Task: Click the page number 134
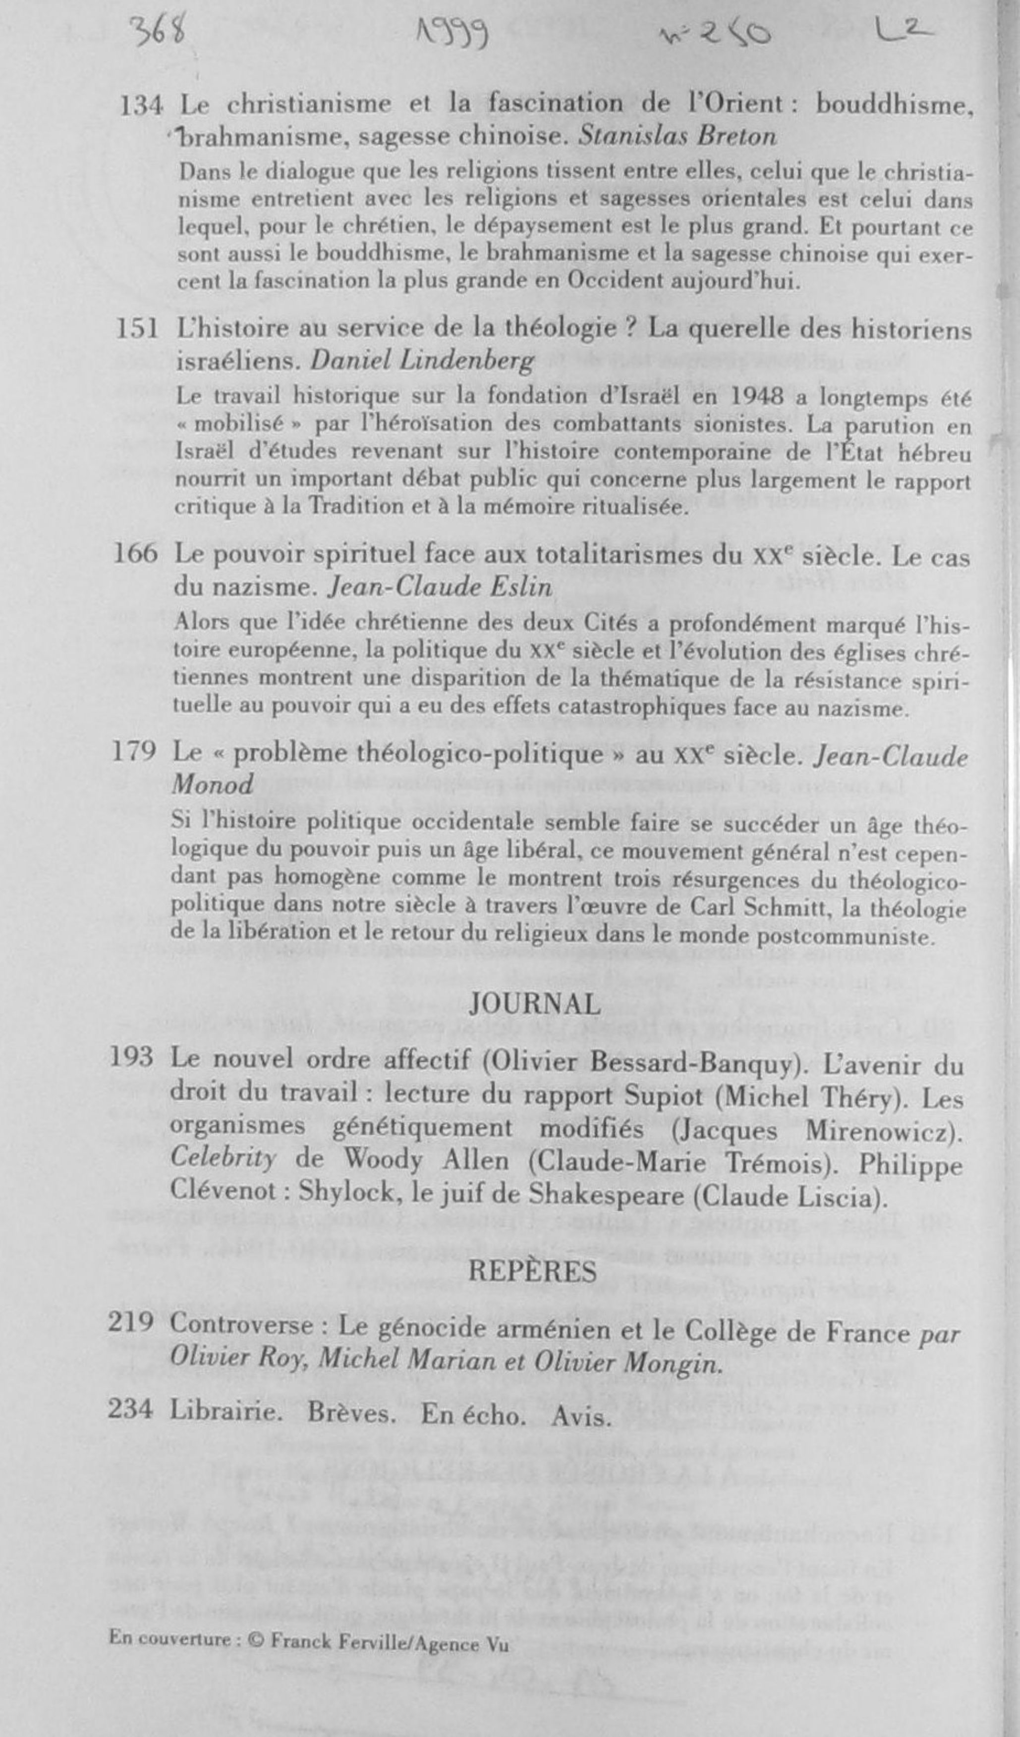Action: pyautogui.click(x=141, y=105)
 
